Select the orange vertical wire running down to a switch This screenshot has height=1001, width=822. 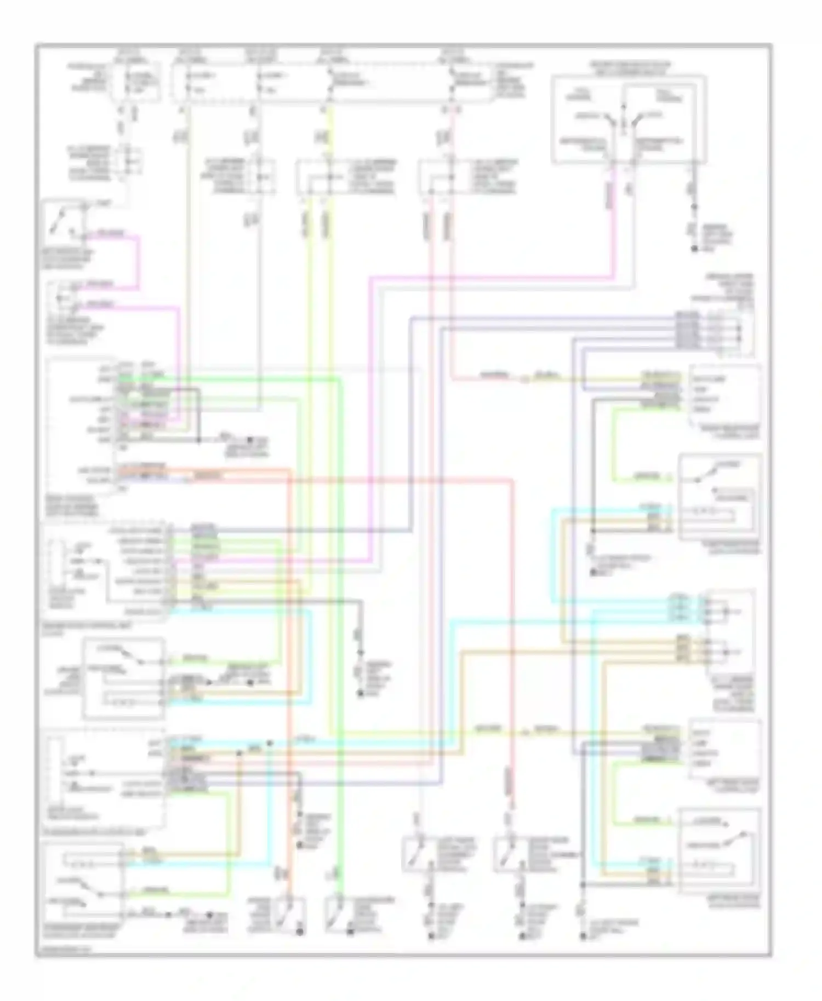pyautogui.click(x=289, y=684)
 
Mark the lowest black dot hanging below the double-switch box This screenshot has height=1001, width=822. pyautogui.click(x=694, y=250)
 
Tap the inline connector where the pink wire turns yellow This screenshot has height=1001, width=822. pyautogui.click(x=524, y=378)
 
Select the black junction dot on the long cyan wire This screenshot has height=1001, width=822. pyautogui.click(x=270, y=743)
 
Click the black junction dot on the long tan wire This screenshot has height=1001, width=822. pyautogui.click(x=239, y=753)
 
